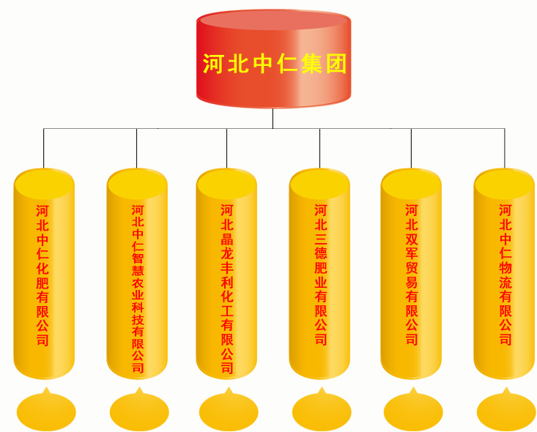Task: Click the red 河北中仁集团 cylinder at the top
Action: point(273,59)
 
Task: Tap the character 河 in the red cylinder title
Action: point(212,64)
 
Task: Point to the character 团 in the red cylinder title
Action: point(336,64)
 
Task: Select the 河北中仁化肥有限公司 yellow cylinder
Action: point(44,274)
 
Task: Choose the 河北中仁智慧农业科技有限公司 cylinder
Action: point(137,274)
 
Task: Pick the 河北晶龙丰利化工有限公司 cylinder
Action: point(226,274)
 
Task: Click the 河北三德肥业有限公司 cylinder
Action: point(319,274)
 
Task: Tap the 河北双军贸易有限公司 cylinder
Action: point(411,274)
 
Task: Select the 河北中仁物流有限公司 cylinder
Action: point(504,274)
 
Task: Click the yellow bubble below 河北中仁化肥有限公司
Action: point(46,411)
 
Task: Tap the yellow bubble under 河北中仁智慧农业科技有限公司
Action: point(139,411)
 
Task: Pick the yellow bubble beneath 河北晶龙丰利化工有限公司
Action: point(229,411)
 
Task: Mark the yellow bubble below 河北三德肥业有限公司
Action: point(322,411)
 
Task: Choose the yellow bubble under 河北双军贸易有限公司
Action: point(413,411)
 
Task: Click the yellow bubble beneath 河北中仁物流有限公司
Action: point(506,411)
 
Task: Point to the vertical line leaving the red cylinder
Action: point(273,119)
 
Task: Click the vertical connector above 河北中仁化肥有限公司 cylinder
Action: point(43,148)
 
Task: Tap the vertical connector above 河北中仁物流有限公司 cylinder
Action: point(505,148)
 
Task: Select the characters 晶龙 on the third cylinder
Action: point(226,247)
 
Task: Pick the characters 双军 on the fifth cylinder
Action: point(411,247)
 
